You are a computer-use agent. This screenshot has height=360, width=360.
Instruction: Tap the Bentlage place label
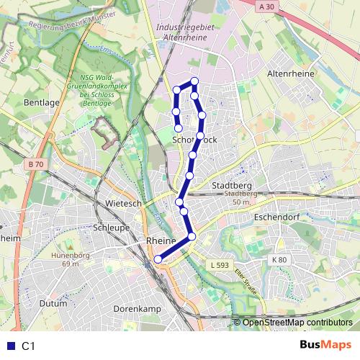point(42,103)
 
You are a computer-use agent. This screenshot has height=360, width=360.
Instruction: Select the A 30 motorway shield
point(266,6)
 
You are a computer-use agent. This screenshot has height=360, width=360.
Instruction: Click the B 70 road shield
point(37,165)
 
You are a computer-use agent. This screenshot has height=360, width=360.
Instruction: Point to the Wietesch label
point(123,204)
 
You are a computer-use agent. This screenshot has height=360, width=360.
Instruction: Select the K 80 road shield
point(279,259)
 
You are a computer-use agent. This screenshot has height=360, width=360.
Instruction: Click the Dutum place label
point(53,304)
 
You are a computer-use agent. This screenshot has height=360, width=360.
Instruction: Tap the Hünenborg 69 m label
point(66,259)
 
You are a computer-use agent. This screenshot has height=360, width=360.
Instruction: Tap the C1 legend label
point(29,346)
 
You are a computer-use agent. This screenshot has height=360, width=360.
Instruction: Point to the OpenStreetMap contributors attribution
point(297,323)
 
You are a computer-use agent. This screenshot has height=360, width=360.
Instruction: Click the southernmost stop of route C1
point(158,260)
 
